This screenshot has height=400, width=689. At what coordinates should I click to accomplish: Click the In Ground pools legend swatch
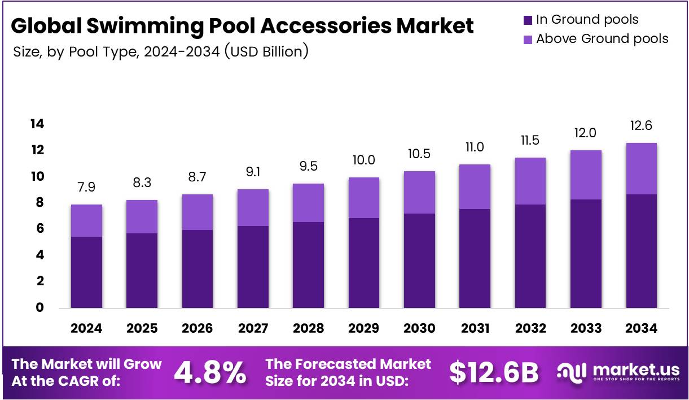pyautogui.click(x=528, y=20)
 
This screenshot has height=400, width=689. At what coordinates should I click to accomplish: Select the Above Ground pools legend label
pyautogui.click(x=602, y=39)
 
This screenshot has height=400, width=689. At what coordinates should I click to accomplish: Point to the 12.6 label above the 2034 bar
pyautogui.click(x=641, y=126)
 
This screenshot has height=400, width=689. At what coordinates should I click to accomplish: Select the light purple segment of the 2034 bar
pyautogui.click(x=641, y=168)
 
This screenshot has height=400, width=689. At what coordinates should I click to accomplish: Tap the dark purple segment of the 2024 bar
pyautogui.click(x=86, y=272)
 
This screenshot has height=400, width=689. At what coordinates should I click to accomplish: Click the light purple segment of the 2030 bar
pyautogui.click(x=419, y=192)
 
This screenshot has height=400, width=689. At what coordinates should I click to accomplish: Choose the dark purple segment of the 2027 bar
pyautogui.click(x=253, y=267)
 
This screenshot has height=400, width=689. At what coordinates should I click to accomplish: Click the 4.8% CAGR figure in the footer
pyautogui.click(x=210, y=372)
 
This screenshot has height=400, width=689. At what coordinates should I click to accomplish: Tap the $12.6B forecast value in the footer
pyautogui.click(x=494, y=372)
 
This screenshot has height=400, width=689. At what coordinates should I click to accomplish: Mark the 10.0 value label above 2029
pyautogui.click(x=364, y=161)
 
